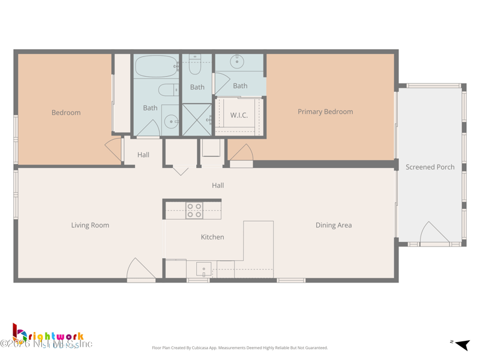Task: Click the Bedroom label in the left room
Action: tap(66, 113)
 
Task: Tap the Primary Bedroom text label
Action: tap(325, 112)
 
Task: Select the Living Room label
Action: tap(90, 226)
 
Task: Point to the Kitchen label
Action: tap(212, 237)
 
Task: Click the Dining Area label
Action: tap(334, 226)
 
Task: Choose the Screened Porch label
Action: tap(430, 167)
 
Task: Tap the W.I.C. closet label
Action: tap(239, 115)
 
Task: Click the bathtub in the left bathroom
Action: tap(156, 66)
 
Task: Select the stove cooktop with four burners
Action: tap(194, 210)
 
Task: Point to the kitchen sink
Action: tap(203, 269)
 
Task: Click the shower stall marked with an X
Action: tap(197, 119)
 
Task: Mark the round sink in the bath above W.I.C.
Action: tap(238, 61)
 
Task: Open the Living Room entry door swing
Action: tap(140, 269)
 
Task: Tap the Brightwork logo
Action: tap(48, 337)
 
